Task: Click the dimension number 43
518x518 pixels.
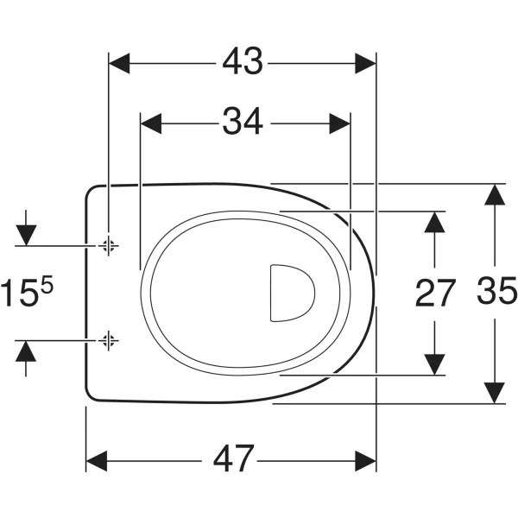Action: (243, 61)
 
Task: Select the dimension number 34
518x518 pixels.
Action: (243, 121)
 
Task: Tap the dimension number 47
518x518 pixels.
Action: (234, 459)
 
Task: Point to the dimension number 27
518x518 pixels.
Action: (435, 293)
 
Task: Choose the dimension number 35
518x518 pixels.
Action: (497, 290)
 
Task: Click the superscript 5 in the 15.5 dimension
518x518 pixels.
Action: (47, 285)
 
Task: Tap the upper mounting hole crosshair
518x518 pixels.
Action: (109, 245)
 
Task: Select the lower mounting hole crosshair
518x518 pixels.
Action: (109, 340)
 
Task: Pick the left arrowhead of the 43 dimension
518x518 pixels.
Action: (119, 63)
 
